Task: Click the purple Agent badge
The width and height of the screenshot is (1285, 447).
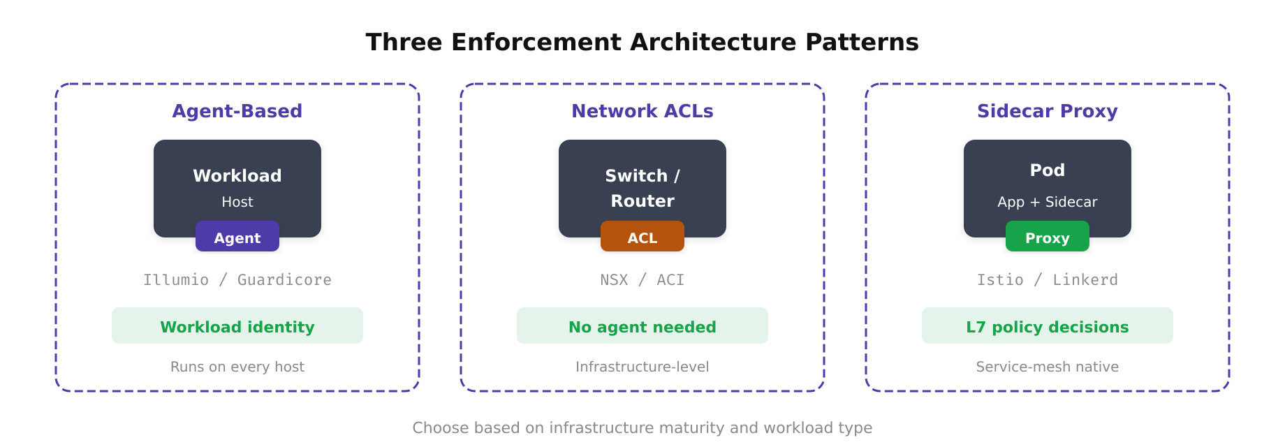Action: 237,237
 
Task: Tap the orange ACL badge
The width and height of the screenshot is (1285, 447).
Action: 642,237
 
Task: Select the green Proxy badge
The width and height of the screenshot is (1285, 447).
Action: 1047,237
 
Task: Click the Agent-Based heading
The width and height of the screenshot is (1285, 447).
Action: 237,111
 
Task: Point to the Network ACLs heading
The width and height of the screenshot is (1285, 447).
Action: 642,111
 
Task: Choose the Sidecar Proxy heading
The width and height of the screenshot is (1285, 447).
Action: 1047,111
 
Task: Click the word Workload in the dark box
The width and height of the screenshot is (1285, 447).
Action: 237,175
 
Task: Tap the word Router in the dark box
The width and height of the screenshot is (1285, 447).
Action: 642,201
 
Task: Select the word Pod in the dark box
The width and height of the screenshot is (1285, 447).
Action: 1047,170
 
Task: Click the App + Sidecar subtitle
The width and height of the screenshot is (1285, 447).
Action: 1047,202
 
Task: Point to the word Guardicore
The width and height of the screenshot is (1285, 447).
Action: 284,280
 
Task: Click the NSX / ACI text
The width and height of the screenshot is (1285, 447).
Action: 642,280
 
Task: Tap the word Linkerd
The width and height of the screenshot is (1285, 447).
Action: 1085,280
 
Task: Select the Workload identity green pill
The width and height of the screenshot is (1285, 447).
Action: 237,326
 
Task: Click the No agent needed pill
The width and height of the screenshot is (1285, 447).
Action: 642,326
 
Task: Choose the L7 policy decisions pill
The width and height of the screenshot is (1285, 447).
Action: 1047,326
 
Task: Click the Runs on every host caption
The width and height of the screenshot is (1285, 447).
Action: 237,367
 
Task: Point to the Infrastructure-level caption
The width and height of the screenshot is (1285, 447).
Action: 642,367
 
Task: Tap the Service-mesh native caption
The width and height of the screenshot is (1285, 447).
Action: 1047,367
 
